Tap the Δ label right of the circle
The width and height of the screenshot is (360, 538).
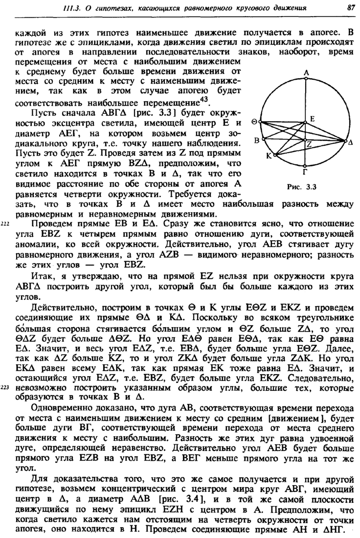click(x=350, y=143)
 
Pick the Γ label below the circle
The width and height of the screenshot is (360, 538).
click(x=306, y=172)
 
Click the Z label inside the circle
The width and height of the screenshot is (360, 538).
click(x=309, y=145)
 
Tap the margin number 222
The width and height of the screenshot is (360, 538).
click(x=5, y=224)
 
